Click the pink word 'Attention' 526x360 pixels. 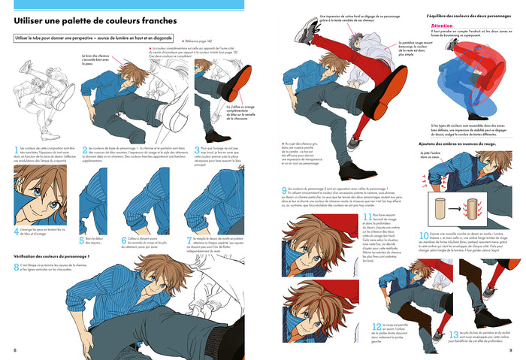tap(441, 25)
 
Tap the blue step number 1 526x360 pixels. tap(16, 150)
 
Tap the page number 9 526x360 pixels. tap(511, 350)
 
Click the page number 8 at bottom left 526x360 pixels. tap(14, 350)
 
